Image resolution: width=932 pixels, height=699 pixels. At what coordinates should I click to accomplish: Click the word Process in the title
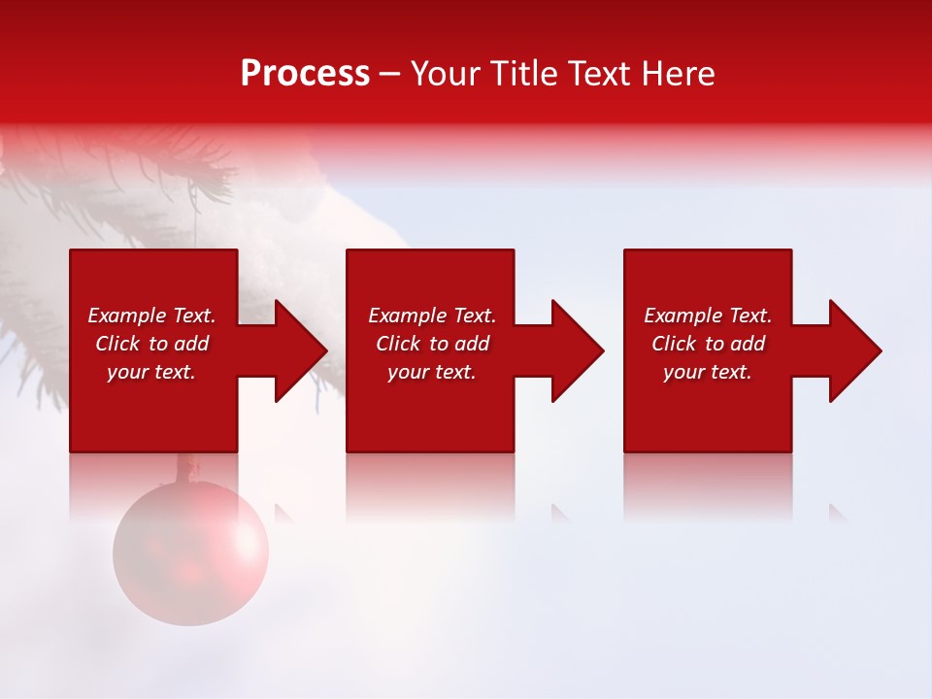coord(305,74)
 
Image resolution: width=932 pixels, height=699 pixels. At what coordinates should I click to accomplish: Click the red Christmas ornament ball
coord(190,551)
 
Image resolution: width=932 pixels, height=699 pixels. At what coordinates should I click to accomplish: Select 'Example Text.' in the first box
coord(151,316)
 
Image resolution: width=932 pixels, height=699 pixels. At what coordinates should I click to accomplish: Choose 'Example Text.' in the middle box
coord(431,316)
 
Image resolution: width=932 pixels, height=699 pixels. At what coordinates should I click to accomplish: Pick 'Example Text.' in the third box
coord(708,316)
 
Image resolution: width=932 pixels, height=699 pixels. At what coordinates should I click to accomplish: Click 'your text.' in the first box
coord(151,372)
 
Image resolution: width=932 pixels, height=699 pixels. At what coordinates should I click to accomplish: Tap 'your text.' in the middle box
coord(431,372)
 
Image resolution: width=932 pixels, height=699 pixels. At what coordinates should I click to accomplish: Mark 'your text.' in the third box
coord(708,372)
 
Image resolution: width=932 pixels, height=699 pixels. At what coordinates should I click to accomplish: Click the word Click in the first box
coord(117,344)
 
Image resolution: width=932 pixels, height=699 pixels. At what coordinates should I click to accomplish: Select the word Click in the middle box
coord(398,344)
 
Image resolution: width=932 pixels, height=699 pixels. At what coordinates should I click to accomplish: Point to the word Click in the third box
coord(674,344)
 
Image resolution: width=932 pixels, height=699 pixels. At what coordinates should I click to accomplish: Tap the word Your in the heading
coord(447,74)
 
